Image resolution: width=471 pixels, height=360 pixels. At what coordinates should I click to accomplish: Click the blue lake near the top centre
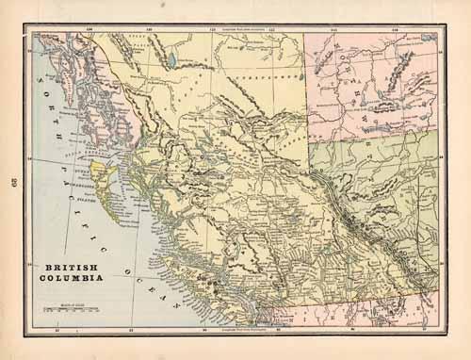click(x=171, y=65)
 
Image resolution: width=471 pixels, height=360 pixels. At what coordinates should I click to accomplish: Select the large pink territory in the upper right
click(x=372, y=85)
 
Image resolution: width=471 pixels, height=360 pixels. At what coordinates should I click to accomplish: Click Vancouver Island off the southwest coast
click(x=203, y=283)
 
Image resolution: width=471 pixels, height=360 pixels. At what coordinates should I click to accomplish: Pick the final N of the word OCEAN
click(x=173, y=299)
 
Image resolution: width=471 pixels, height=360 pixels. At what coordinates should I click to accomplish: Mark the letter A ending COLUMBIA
click(x=96, y=280)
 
